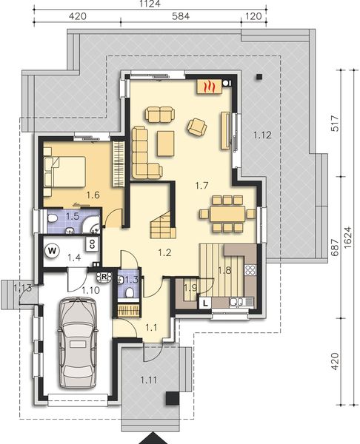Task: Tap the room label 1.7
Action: (x=200, y=186)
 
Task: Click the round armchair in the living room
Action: (x=197, y=127)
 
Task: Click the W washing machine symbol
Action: (x=52, y=249)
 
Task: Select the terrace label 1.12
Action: (x=262, y=135)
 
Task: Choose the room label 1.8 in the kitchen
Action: (x=224, y=271)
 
